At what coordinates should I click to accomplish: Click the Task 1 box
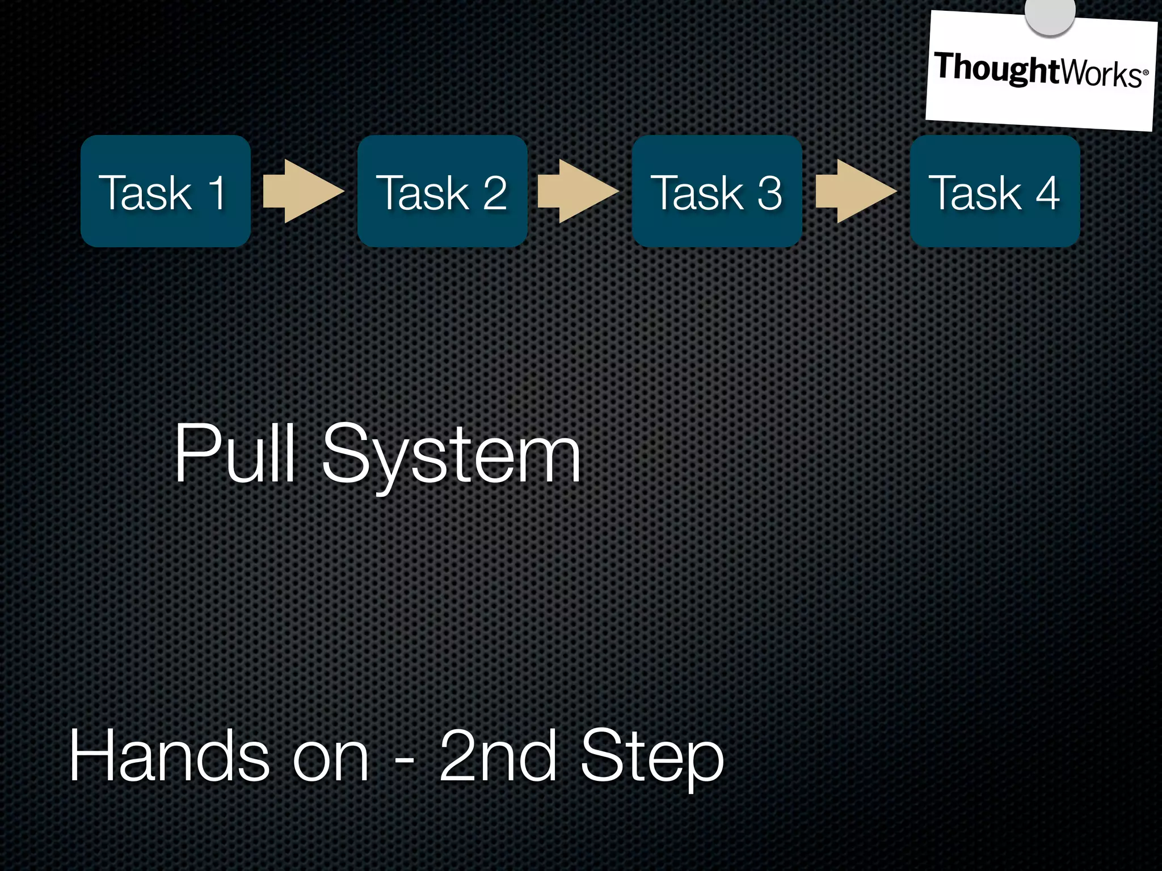click(165, 191)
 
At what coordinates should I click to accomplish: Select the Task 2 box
click(442, 191)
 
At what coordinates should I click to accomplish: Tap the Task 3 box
click(717, 191)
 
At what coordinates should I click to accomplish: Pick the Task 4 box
click(995, 191)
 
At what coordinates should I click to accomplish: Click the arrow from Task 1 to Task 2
click(303, 191)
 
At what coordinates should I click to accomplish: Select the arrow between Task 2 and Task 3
click(578, 191)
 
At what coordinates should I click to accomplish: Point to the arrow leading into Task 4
click(856, 191)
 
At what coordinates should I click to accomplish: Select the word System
click(452, 456)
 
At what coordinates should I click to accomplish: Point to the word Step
click(652, 760)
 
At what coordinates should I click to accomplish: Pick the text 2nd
click(498, 756)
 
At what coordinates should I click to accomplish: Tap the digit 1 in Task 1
click(217, 193)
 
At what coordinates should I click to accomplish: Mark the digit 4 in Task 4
click(1047, 193)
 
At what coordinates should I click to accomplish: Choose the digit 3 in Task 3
click(769, 193)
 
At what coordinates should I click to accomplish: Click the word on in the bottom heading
click(330, 760)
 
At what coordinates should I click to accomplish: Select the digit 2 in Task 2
click(495, 193)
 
